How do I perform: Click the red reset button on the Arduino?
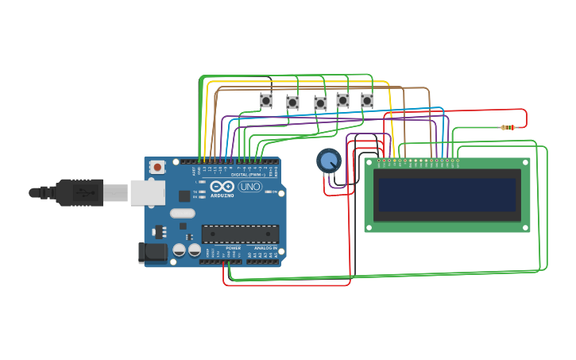(157, 167)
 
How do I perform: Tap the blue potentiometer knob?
(328, 161)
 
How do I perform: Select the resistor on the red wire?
(508, 127)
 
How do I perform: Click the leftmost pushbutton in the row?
(266, 100)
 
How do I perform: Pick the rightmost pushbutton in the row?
(367, 101)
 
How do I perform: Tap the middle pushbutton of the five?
(320, 103)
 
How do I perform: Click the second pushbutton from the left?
(292, 103)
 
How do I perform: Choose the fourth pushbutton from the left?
(342, 100)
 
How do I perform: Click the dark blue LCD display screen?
(448, 195)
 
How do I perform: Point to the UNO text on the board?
(250, 187)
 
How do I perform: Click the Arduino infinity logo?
(222, 186)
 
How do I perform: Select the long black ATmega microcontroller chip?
(240, 234)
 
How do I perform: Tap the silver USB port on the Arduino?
(148, 192)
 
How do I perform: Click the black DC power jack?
(153, 253)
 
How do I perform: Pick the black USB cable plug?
(79, 192)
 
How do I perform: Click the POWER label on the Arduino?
(233, 248)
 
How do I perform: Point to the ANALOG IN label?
(265, 248)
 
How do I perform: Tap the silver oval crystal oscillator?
(182, 212)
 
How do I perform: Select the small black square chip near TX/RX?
(184, 195)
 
